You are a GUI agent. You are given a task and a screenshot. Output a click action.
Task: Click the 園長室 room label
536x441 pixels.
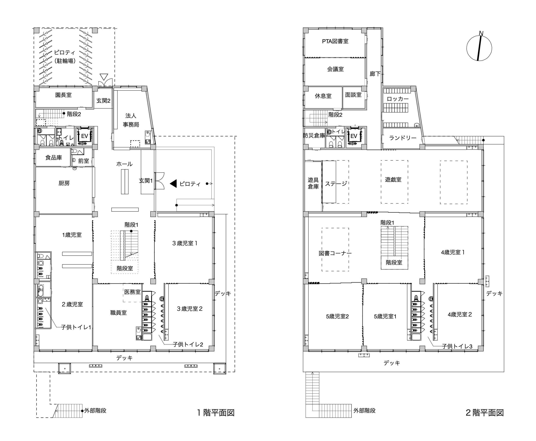coord(63,95)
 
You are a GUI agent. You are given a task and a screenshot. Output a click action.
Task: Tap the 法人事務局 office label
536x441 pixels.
coord(131,120)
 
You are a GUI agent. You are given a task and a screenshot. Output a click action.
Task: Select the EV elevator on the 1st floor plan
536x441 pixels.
coord(84,136)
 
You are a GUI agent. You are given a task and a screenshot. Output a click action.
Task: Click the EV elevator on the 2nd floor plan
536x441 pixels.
coord(354,136)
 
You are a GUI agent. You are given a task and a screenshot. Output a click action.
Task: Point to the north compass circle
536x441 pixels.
coord(479,48)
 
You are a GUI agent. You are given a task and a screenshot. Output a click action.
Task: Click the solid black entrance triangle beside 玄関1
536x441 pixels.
coord(173,183)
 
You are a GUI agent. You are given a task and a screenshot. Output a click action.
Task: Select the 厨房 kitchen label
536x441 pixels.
coord(64,183)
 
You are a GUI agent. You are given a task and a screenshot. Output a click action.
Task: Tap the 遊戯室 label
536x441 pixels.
coord(393,180)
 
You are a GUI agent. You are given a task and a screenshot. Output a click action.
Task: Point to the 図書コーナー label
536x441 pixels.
coord(335,253)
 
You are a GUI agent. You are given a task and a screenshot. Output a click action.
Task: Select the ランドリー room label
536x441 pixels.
coord(403,138)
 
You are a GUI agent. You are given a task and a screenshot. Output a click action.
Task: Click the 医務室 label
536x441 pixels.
coord(132,292)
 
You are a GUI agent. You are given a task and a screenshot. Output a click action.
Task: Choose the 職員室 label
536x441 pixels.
coord(119,313)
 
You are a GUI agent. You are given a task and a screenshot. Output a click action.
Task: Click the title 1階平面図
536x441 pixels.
coord(216,413)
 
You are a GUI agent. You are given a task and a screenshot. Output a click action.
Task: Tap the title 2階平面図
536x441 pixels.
coord(485,413)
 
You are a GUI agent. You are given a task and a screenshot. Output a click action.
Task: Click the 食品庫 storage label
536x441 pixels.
coord(54,157)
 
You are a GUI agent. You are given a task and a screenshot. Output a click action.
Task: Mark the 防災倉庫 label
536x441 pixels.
coord(314,135)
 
